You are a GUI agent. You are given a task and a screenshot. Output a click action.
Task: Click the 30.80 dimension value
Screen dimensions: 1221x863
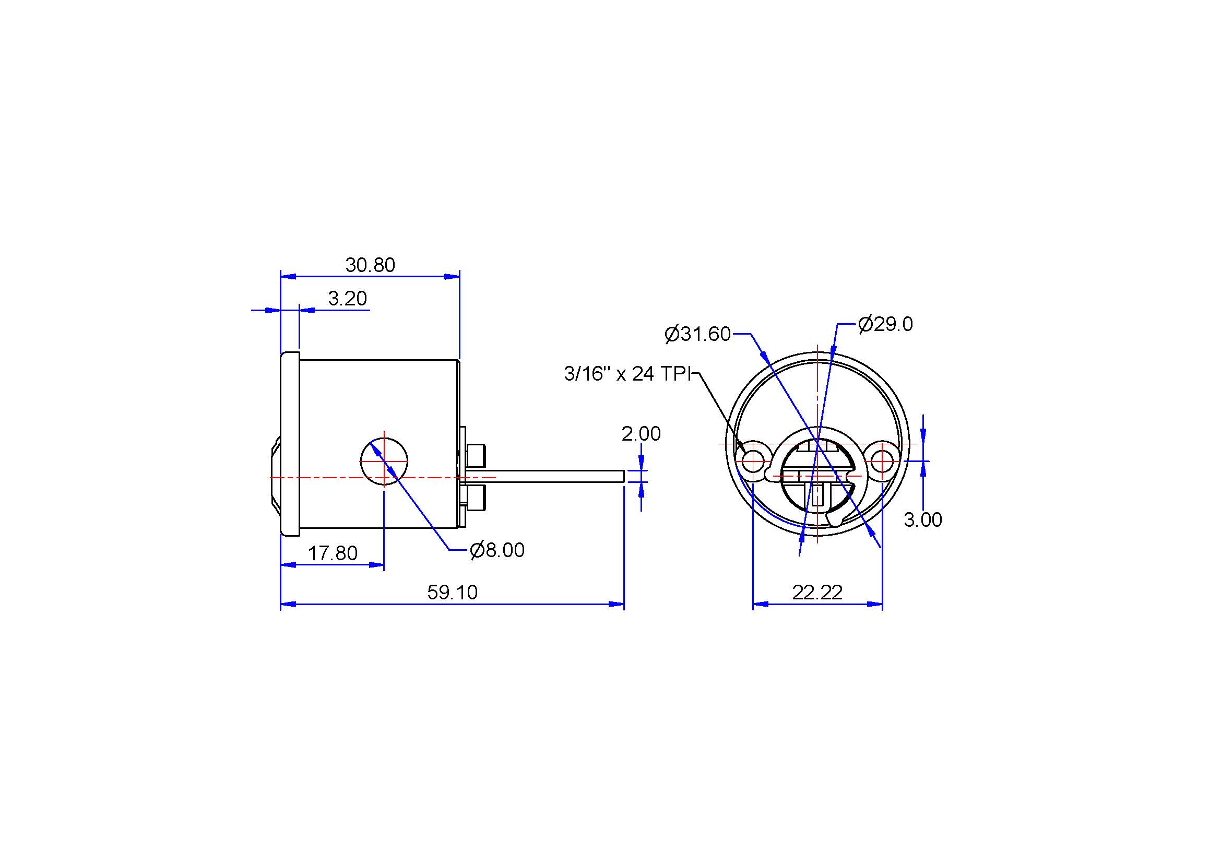pos(370,265)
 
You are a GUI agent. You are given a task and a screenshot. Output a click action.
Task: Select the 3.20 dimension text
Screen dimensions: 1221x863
pos(347,298)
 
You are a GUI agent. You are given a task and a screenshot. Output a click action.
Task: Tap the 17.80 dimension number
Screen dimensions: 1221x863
pos(333,553)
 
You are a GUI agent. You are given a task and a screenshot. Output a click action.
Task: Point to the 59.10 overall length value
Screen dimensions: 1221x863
pos(453,592)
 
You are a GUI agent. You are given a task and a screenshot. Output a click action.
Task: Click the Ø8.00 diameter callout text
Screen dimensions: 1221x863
pos(497,550)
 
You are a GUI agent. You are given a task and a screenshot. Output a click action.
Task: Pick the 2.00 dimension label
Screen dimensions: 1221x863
pos(641,434)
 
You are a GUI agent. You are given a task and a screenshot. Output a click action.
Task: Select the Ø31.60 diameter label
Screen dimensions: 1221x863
pos(698,334)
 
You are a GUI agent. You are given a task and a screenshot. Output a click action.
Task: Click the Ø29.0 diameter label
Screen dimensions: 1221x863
pos(885,324)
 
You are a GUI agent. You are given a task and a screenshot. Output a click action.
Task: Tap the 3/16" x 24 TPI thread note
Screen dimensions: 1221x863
pos(627,374)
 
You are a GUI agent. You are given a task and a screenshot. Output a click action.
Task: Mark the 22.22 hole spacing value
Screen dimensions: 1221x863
pos(817,592)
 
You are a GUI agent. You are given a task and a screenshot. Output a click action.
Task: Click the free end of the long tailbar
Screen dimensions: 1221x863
pos(623,477)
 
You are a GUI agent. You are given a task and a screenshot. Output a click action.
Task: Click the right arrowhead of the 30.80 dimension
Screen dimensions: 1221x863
pos(452,277)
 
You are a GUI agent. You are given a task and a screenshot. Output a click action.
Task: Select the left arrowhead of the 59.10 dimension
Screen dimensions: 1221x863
pos(288,604)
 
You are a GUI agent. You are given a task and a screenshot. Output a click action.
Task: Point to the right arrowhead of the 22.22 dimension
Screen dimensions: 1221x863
pos(875,604)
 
